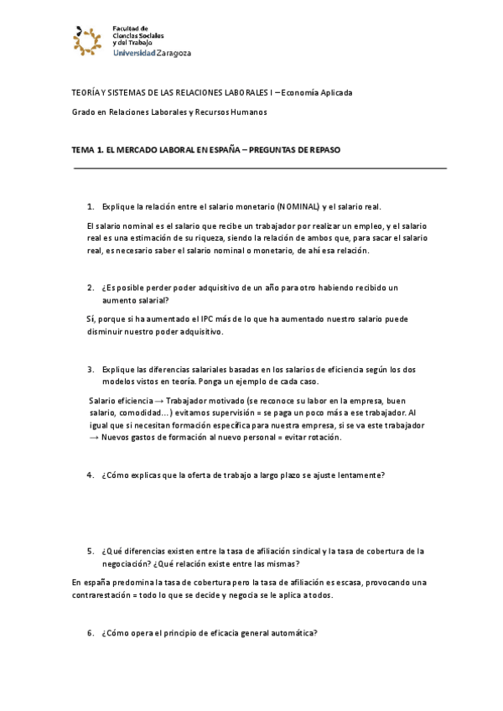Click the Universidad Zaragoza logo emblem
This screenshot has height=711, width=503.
coord(88,39)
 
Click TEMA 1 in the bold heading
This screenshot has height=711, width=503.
coord(88,150)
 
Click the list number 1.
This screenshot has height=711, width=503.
coord(90,206)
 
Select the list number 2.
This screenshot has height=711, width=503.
coord(90,288)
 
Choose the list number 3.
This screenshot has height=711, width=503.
coord(90,369)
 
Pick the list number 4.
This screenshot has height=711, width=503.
coord(90,475)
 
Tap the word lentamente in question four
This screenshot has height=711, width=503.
coord(361,475)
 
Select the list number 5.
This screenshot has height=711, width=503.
coord(90,551)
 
